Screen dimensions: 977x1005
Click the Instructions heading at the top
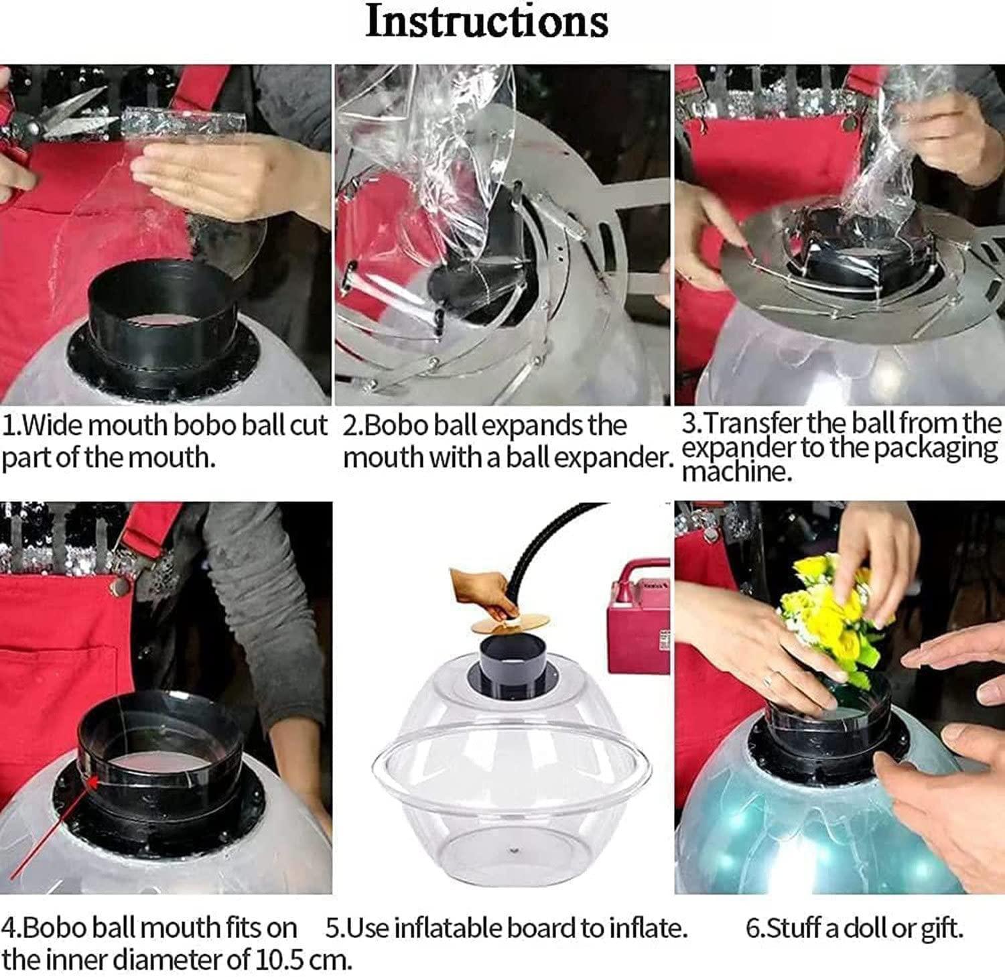[487, 21]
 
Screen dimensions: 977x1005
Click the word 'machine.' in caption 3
[737, 472]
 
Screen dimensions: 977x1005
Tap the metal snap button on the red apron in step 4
[120, 586]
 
